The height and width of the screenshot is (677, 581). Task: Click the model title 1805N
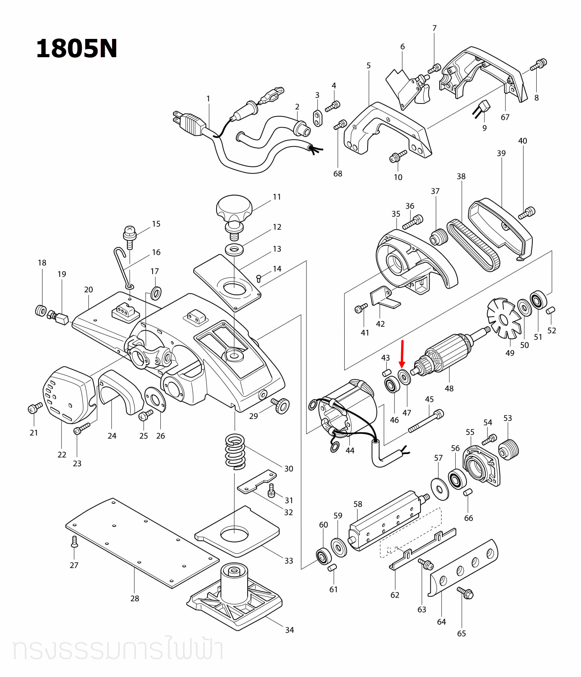[76, 49]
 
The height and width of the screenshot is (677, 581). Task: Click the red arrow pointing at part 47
[403, 353]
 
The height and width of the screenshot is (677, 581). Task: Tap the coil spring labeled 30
[235, 451]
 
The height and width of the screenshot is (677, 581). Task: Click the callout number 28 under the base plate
[135, 598]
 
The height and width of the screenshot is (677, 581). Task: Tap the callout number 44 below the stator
[350, 450]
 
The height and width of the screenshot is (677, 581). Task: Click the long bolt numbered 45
[425, 421]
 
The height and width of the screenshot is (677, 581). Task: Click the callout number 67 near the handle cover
[505, 117]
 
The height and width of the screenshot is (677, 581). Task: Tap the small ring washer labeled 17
[156, 293]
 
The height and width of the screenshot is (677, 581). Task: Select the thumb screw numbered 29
[280, 405]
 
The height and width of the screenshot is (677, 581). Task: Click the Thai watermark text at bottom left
[117, 649]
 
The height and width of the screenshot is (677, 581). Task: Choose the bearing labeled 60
[323, 556]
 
